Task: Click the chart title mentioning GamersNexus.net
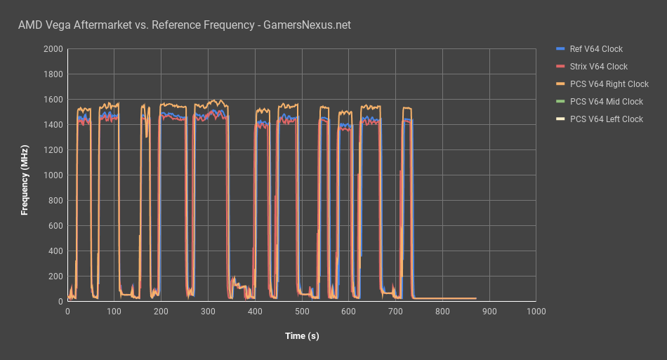184,25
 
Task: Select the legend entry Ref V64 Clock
596,49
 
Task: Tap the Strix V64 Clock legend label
598,67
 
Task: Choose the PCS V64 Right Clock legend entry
609,84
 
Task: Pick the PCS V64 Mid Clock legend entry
606,102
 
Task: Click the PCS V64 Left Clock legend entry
606,119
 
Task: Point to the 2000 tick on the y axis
53,49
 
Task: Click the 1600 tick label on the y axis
53,100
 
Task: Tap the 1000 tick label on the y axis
53,175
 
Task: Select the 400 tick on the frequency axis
55,251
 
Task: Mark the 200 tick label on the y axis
55,276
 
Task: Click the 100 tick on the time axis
114,311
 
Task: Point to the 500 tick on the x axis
302,311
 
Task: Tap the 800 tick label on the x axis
442,311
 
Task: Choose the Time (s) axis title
302,336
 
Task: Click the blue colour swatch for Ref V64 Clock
560,49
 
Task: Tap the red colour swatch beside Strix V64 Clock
560,67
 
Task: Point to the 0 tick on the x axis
67,311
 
